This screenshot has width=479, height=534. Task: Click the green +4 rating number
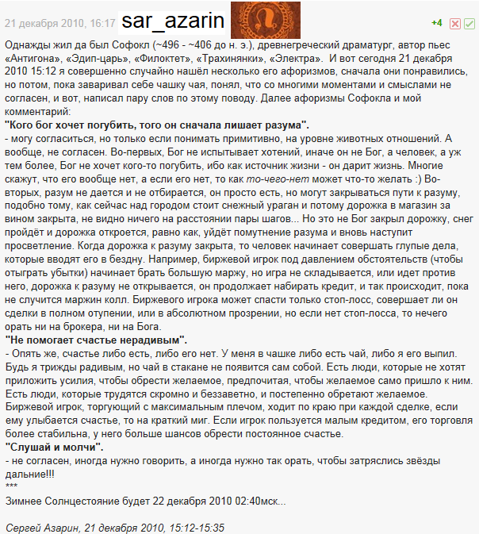(x=436, y=23)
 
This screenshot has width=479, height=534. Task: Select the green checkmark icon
(x=469, y=24)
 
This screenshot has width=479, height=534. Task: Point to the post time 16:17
(x=103, y=24)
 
